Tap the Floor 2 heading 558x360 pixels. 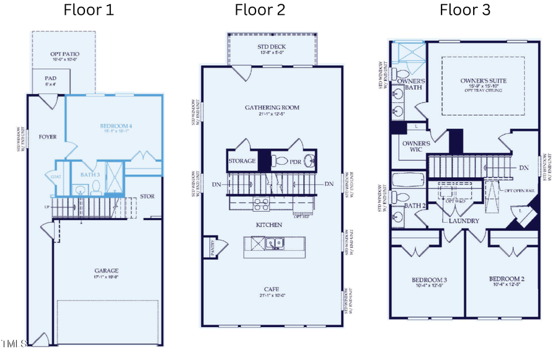point(260,11)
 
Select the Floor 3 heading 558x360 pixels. point(465,11)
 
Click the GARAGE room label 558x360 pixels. point(107,271)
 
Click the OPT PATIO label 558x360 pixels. point(63,55)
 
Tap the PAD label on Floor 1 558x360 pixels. point(51,79)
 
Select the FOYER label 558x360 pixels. point(48,136)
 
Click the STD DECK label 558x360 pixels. point(272,47)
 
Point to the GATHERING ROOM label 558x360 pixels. point(272,107)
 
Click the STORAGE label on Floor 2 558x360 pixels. point(241,161)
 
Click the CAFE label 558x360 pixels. point(272,289)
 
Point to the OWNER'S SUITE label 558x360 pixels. point(481,81)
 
